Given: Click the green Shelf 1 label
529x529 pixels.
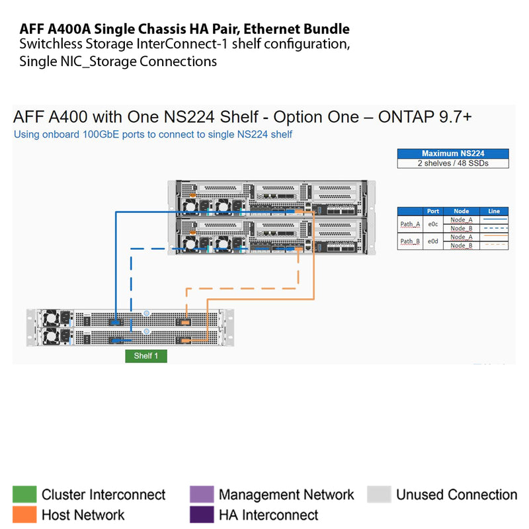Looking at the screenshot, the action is pyautogui.click(x=146, y=356).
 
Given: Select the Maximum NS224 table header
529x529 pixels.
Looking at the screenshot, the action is pyautogui.click(x=453, y=153).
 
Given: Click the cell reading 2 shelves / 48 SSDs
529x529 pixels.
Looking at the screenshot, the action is pyautogui.click(x=453, y=163).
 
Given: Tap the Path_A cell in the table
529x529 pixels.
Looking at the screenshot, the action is pyautogui.click(x=410, y=224).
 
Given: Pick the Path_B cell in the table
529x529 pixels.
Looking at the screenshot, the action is pyautogui.click(x=410, y=241).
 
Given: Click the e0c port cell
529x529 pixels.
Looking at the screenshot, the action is pyautogui.click(x=433, y=224).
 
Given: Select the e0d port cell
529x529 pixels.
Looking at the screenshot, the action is pyautogui.click(x=433, y=241).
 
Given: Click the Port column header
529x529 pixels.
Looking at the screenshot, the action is pyautogui.click(x=433, y=212).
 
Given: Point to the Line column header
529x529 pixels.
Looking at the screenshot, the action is pyautogui.click(x=494, y=212).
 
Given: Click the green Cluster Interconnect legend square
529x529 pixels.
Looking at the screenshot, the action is pyautogui.click(x=24, y=495).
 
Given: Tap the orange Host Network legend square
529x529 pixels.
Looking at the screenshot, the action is pyautogui.click(x=24, y=514).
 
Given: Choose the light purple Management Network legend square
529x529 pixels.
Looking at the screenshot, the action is pyautogui.click(x=202, y=495).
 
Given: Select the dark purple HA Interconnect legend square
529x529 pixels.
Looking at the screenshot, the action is pyautogui.click(x=202, y=514).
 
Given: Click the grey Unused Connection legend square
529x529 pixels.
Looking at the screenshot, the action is pyautogui.click(x=379, y=495).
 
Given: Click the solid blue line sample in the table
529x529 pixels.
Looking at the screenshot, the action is pyautogui.click(x=494, y=220).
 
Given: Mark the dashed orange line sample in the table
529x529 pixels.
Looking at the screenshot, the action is pyautogui.click(x=494, y=245).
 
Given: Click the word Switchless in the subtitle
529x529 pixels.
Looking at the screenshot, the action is pyautogui.click(x=49, y=45).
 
